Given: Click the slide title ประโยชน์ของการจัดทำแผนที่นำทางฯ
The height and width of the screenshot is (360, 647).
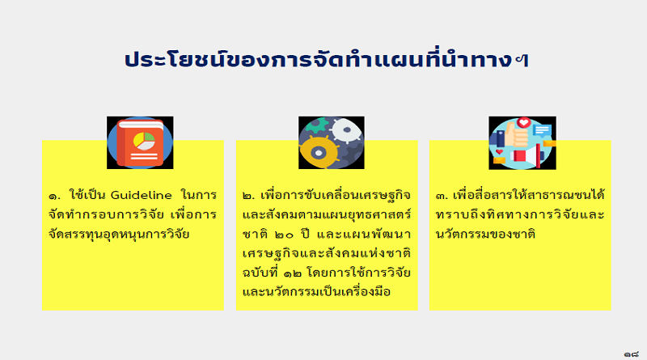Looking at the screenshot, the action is [327, 60].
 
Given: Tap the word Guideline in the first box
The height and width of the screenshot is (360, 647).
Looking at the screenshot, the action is [141, 195].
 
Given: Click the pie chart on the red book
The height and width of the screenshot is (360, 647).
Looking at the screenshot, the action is [144, 142].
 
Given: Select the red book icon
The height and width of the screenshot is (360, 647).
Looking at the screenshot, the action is [140, 143].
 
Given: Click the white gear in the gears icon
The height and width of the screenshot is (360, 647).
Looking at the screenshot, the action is [347, 130].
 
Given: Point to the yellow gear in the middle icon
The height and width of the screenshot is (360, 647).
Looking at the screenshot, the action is [319, 152].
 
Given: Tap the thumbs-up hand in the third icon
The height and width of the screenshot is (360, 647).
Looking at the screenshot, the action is [516, 134].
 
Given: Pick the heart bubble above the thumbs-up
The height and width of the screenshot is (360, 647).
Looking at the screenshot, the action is [524, 123].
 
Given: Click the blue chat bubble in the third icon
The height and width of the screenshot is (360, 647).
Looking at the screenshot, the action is [542, 130].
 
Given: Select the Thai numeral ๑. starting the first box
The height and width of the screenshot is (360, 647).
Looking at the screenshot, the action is [54, 196].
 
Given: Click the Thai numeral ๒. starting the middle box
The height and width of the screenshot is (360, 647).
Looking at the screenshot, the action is [248, 196].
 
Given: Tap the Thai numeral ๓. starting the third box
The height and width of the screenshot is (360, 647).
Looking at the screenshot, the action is [442, 196].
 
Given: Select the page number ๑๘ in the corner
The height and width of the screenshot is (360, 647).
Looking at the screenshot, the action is [632, 354].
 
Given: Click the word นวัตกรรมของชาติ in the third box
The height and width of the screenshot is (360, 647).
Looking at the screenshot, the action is [485, 234].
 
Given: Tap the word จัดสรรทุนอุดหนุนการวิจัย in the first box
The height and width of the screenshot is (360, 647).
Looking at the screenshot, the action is [119, 234].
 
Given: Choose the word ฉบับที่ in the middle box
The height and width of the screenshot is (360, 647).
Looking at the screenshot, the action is [260, 272].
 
